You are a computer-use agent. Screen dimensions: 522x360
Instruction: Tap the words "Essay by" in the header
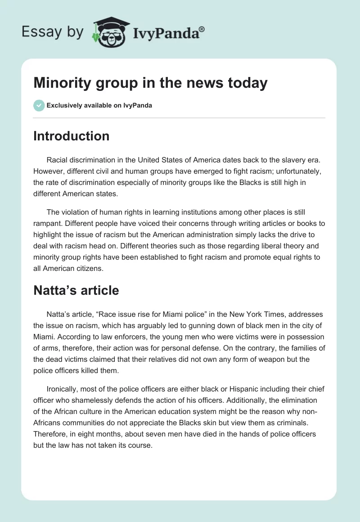(53, 31)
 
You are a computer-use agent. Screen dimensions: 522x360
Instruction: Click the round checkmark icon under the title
(39, 105)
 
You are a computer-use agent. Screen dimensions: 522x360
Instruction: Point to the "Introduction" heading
(71, 136)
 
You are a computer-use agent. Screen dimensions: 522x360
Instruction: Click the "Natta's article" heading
(76, 290)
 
